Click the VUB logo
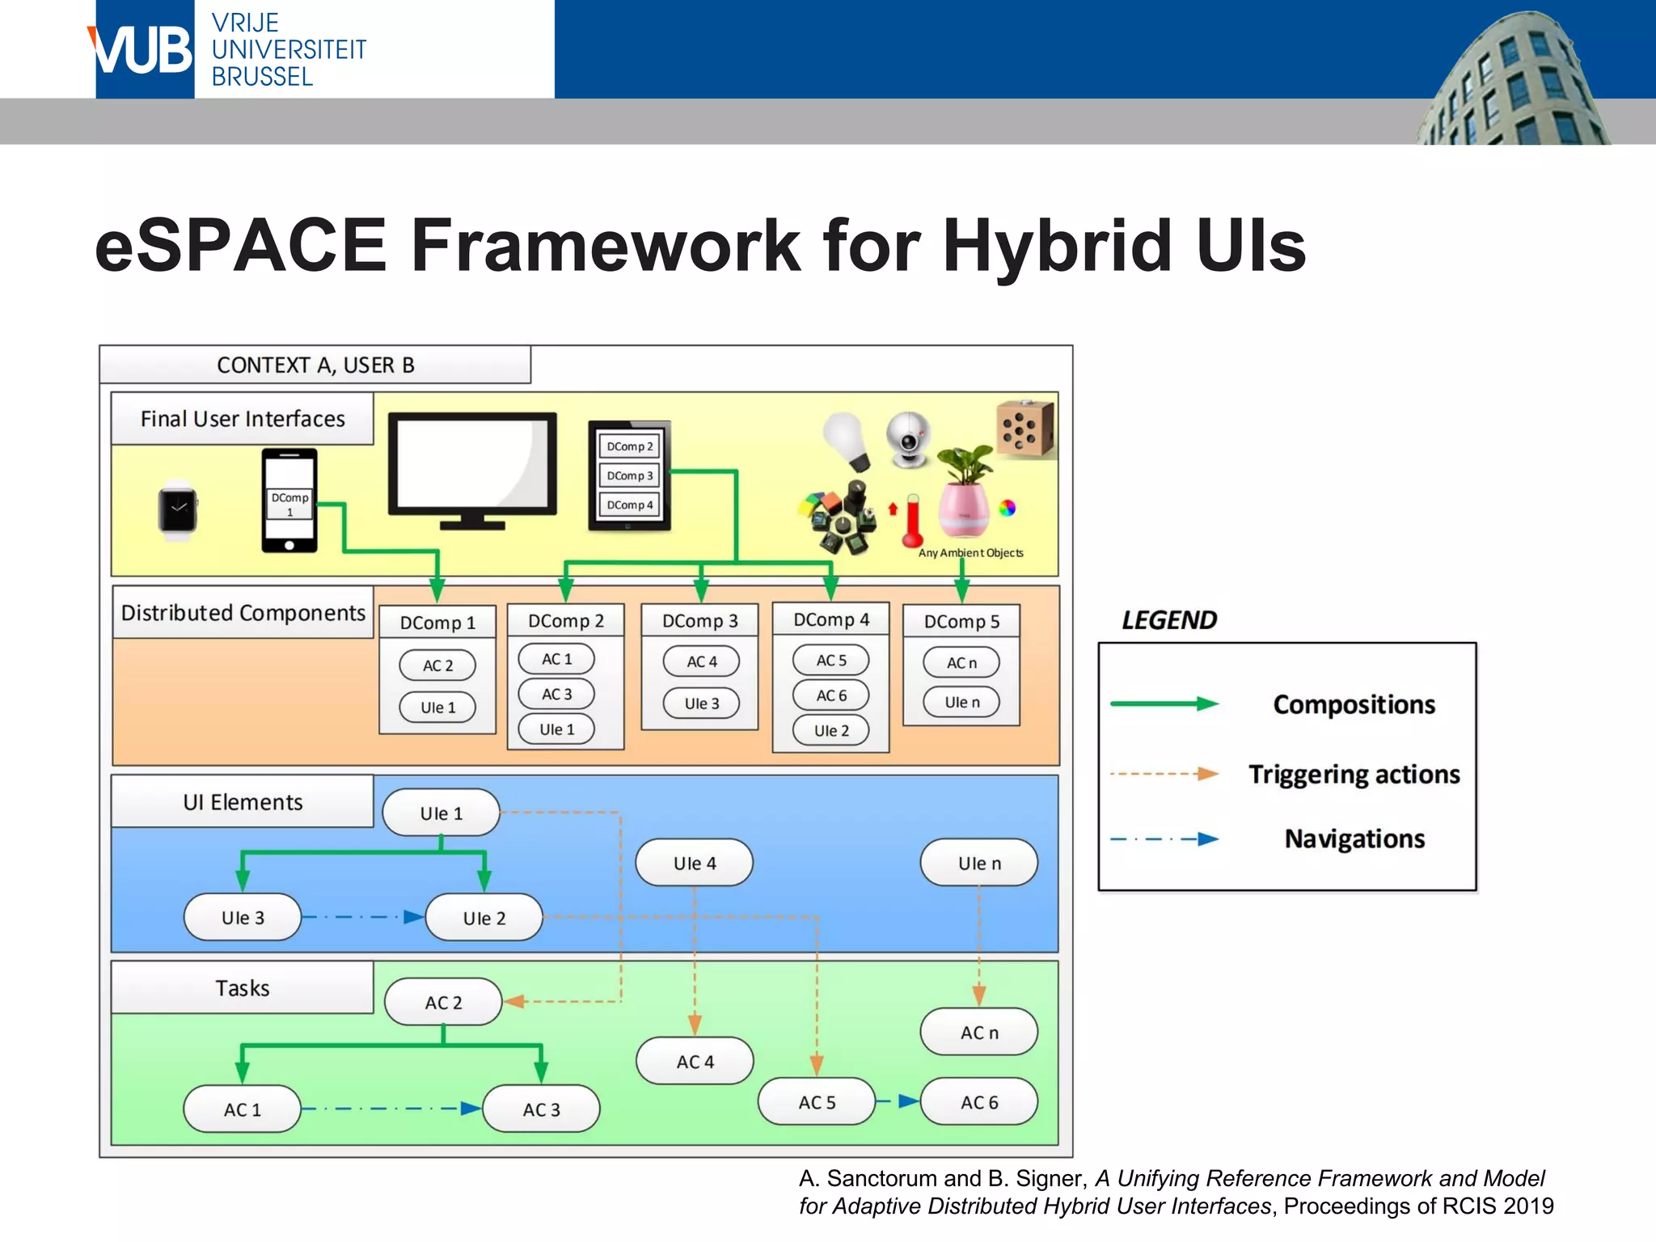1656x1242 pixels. coord(144,50)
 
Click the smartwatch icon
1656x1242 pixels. coord(177,510)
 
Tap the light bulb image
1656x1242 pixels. coord(847,439)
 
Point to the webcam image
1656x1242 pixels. coord(909,439)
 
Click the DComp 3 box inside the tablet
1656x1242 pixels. coord(629,475)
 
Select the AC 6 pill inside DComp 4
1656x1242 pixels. coord(830,695)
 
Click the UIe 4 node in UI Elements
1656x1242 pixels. coord(694,863)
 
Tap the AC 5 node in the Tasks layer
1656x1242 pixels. coord(816,1102)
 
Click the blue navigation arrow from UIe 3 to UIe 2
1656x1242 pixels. coord(363,917)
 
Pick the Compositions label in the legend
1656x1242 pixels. coord(1354,704)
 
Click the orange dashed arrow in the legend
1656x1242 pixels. coord(1164,774)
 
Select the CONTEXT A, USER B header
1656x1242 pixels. coord(315,365)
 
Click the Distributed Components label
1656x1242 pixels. coord(243,613)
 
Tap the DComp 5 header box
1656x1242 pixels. coord(961,622)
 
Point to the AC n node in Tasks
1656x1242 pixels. coord(978,1032)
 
